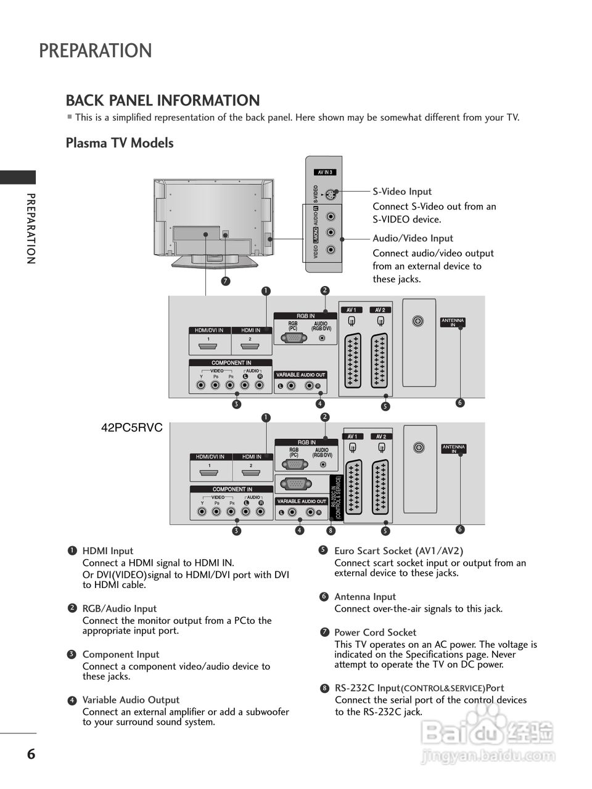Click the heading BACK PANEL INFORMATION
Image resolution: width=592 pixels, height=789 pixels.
coord(163,100)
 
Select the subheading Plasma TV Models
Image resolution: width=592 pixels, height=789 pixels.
coord(120,143)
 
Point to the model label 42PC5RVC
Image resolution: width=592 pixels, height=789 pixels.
coord(131,428)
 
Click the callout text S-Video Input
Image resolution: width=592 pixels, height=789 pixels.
coord(402,192)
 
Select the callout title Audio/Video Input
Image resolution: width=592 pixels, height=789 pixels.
coord(413,239)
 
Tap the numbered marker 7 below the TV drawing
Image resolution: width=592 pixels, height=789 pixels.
coord(226,281)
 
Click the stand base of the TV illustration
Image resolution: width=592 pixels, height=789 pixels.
coord(214,264)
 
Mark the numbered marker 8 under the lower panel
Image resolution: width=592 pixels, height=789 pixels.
coord(331,531)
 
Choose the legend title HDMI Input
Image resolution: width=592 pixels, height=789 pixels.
coord(108,551)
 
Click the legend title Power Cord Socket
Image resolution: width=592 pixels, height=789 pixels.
coord(375,632)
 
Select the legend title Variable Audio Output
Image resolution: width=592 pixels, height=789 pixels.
coord(131,700)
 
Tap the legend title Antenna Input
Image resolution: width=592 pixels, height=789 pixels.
coord(365,597)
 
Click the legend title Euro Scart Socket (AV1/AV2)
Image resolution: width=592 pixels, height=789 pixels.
coord(398,551)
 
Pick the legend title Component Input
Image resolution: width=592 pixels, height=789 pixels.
coord(121,655)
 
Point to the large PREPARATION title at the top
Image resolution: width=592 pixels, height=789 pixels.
coord(96,51)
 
